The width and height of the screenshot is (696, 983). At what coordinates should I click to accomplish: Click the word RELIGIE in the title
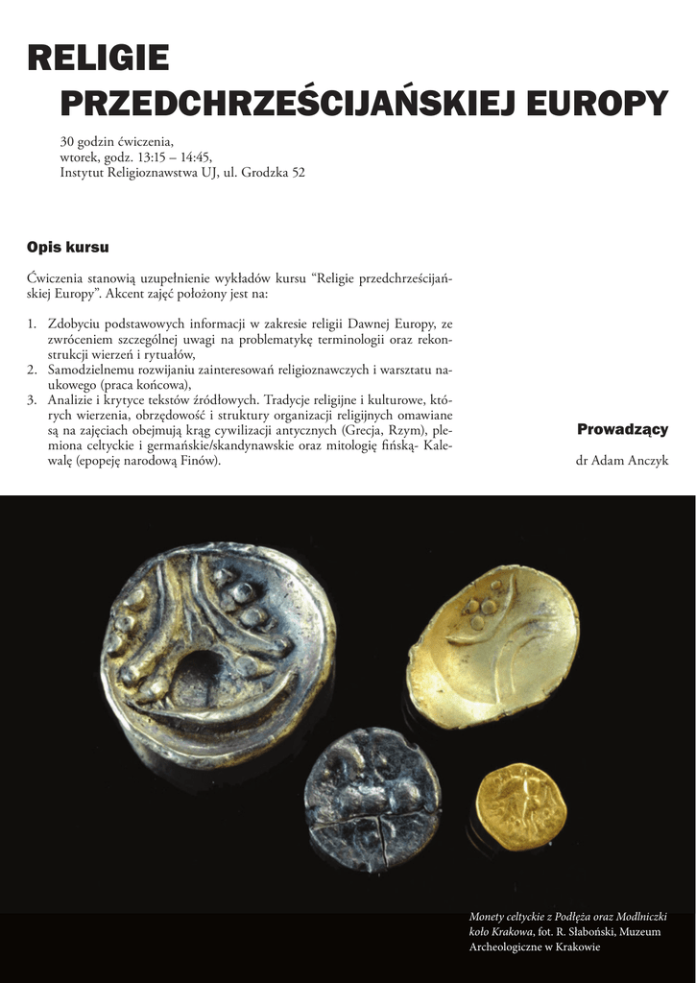[x=98, y=60]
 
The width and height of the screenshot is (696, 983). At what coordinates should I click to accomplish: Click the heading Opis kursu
[x=68, y=248]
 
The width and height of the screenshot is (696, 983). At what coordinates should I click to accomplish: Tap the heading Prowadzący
[x=622, y=429]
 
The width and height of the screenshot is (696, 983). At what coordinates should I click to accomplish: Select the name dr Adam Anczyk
[x=622, y=461]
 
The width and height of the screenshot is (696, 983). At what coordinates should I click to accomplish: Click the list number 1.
[x=32, y=325]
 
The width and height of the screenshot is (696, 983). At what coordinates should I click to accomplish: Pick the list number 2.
[x=32, y=369]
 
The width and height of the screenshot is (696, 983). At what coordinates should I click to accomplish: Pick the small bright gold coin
[x=517, y=806]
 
